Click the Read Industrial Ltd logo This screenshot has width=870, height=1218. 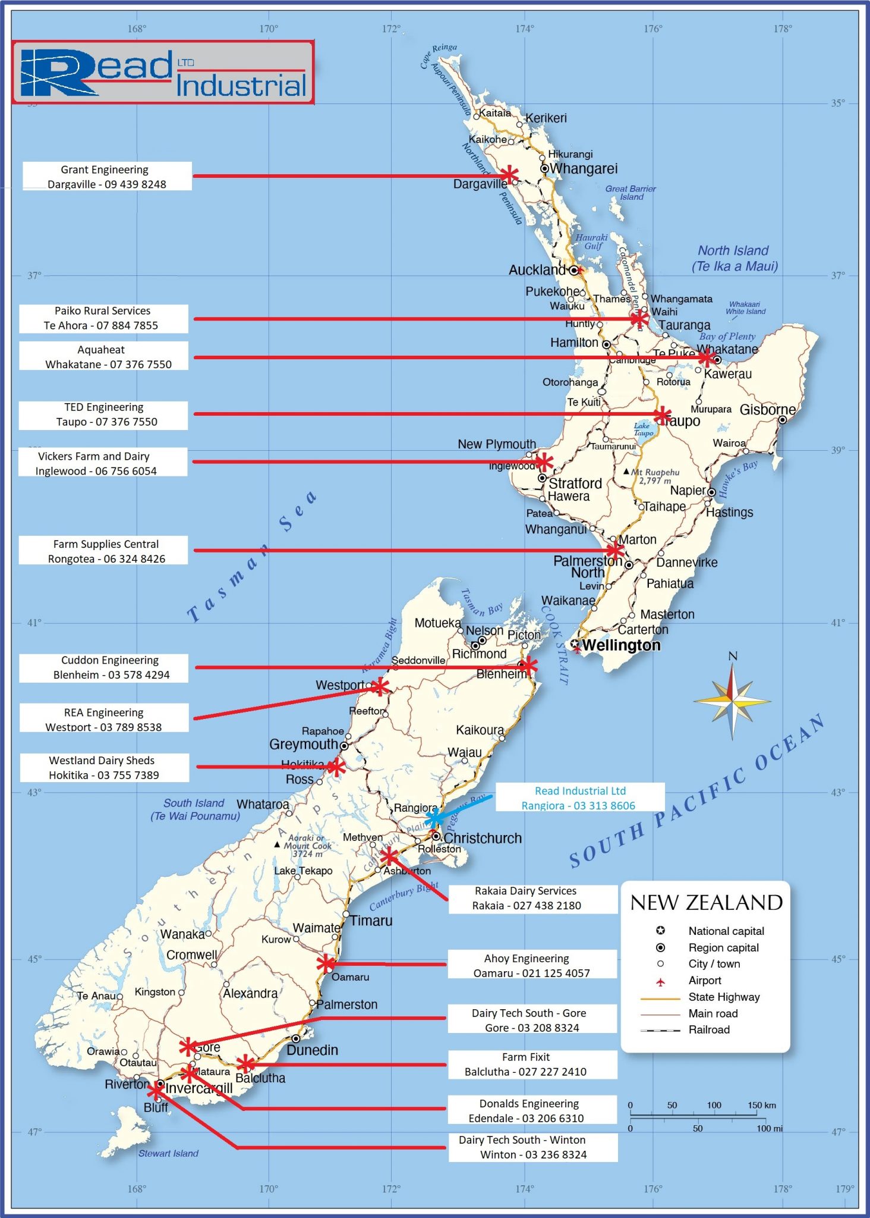coord(163,73)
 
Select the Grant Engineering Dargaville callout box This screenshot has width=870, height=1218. coord(107,177)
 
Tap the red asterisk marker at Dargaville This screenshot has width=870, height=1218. coord(509,175)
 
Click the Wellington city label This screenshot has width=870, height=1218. coord(620,645)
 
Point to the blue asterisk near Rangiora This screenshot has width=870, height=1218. coord(435,817)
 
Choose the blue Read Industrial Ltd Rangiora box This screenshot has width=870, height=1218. coord(579,798)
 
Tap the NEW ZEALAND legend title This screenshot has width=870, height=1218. coord(706,903)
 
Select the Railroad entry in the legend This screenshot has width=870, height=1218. coord(708,1029)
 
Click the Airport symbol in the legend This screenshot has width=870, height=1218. coord(660,980)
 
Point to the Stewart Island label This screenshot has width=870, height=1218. coord(168,1153)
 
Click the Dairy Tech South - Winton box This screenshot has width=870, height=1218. coord(532,1147)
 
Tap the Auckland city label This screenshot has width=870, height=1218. coord(536,270)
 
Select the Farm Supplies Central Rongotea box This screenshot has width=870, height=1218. coord(103,551)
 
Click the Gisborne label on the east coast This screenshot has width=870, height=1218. coord(767,410)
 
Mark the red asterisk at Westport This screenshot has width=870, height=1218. coord(379,687)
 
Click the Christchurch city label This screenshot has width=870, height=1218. coord(482,838)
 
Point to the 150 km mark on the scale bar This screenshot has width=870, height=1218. coord(761,1105)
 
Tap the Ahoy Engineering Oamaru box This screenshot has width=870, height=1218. coord(532,965)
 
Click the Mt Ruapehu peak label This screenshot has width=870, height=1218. coord(654,476)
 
